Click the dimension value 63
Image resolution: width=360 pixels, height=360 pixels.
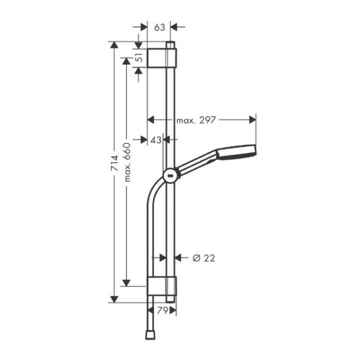pos(160,27)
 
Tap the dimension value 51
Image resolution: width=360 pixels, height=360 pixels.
pos(139,58)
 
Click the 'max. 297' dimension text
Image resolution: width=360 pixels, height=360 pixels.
pos(197,120)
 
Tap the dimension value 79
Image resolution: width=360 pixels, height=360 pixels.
pos(162,310)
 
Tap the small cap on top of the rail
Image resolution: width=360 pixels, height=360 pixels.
pos(172,44)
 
